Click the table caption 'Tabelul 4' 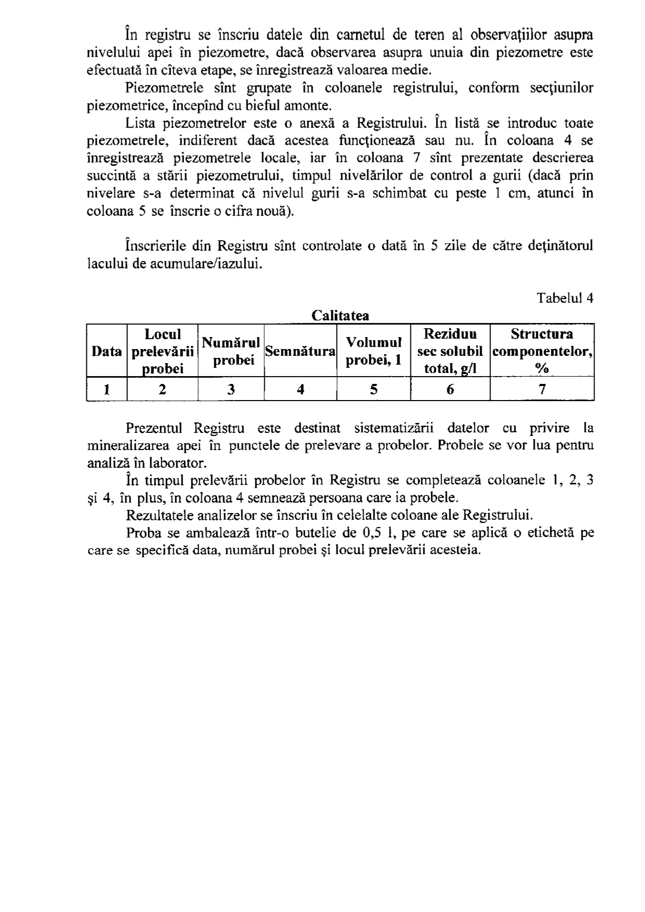[x=565, y=298]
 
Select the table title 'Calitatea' [x=340, y=316]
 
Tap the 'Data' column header [x=107, y=351]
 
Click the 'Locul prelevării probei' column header [x=163, y=351]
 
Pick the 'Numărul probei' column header [x=231, y=351]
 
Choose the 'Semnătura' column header [x=300, y=351]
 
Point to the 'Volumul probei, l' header [x=373, y=351]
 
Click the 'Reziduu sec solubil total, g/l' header [x=450, y=351]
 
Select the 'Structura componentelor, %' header [x=542, y=351]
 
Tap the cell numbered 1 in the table [x=107, y=389]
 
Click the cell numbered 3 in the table [x=231, y=389]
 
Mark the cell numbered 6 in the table [x=450, y=389]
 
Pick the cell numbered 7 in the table [x=542, y=389]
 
